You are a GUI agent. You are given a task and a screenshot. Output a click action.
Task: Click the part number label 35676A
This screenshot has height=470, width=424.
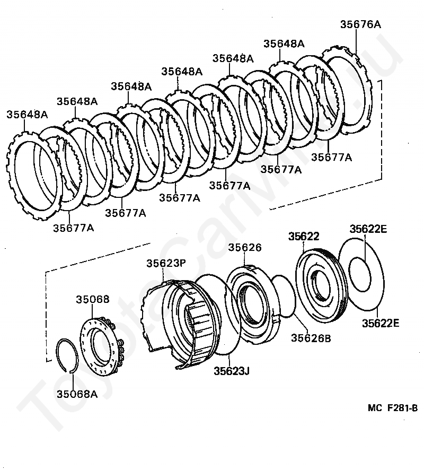pyautogui.click(x=360, y=24)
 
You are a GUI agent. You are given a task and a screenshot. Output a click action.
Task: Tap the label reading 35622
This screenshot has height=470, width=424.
pyautogui.click(x=304, y=237)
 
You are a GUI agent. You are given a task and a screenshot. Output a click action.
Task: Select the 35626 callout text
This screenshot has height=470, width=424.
pyautogui.click(x=245, y=248)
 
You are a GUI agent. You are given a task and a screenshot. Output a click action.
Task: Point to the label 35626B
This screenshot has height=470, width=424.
pyautogui.click(x=310, y=337)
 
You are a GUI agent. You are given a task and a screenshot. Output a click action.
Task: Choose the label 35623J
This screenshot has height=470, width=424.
pyautogui.click(x=232, y=370)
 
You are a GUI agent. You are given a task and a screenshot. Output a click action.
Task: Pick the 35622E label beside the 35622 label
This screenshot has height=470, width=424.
pyautogui.click(x=368, y=229)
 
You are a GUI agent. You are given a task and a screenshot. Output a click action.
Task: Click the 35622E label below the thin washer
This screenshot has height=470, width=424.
pyautogui.click(x=381, y=323)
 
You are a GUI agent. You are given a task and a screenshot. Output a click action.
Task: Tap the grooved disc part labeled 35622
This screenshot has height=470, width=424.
pyautogui.click(x=321, y=286)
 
